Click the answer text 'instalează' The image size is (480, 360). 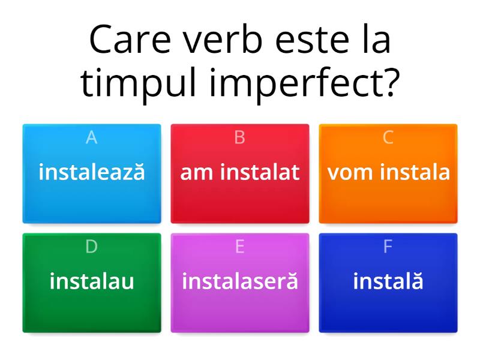[x=92, y=172]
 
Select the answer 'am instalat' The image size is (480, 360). [x=240, y=172]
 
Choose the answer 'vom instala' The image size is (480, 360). [x=388, y=172]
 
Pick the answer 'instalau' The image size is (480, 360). [x=92, y=281]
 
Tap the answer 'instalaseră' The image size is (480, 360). [x=240, y=281]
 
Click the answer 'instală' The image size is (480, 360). [x=388, y=281]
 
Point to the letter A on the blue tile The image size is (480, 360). [x=92, y=138]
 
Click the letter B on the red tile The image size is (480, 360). [x=240, y=138]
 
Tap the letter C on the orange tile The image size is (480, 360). [x=388, y=138]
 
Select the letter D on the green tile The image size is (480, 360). [x=92, y=247]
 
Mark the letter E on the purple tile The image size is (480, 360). [x=240, y=247]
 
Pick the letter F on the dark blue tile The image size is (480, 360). [x=388, y=247]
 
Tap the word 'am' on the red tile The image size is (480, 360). [x=198, y=172]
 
